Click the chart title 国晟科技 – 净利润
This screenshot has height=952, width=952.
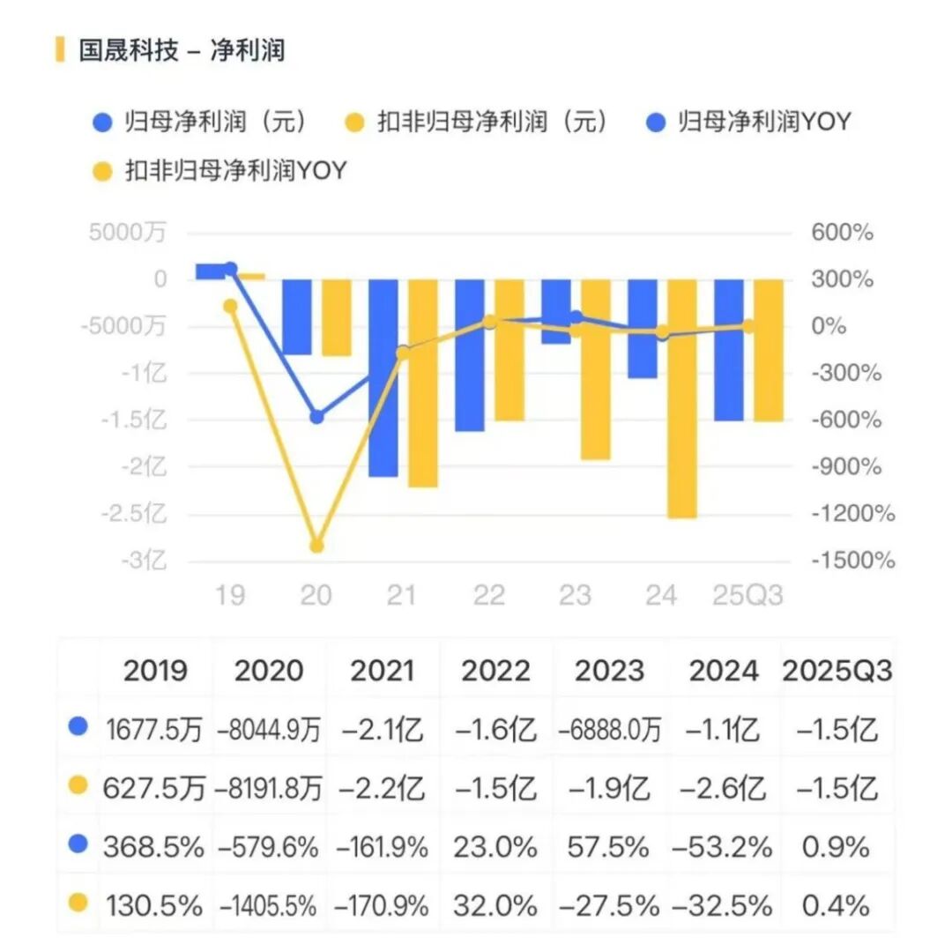pos(182,50)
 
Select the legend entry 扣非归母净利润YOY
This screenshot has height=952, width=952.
pos(219,170)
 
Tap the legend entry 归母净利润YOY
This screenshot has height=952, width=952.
pos(748,122)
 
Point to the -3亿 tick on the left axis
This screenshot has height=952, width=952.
pos(146,561)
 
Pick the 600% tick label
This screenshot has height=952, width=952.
pos(842,233)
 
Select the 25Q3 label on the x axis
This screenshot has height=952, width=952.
pos(747,596)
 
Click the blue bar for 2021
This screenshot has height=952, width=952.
pos(383,377)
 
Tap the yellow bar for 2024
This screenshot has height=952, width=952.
pos(682,398)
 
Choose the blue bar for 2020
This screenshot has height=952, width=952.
pos(297,317)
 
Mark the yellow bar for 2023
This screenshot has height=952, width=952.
pos(596,369)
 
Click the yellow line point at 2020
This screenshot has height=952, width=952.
pos(316,546)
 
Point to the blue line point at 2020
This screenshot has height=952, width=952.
pos(316,417)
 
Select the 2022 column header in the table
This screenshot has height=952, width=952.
pos(495,672)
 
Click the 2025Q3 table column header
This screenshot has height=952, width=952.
pos(837,672)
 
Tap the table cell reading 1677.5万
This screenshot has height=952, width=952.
pos(154,730)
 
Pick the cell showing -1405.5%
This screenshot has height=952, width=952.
pos(269,904)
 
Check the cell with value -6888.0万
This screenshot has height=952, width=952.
pos(610,730)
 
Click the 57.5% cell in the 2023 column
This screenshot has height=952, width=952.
pos(610,847)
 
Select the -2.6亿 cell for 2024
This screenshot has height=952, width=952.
pos(724,788)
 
